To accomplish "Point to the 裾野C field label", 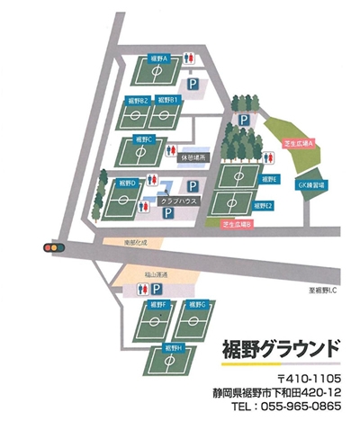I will coord(147,139).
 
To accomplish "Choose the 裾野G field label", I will coord(199,305).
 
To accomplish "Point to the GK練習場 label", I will coord(311,183).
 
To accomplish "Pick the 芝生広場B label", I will coord(237,222).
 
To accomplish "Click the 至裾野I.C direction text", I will coord(319,289).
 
